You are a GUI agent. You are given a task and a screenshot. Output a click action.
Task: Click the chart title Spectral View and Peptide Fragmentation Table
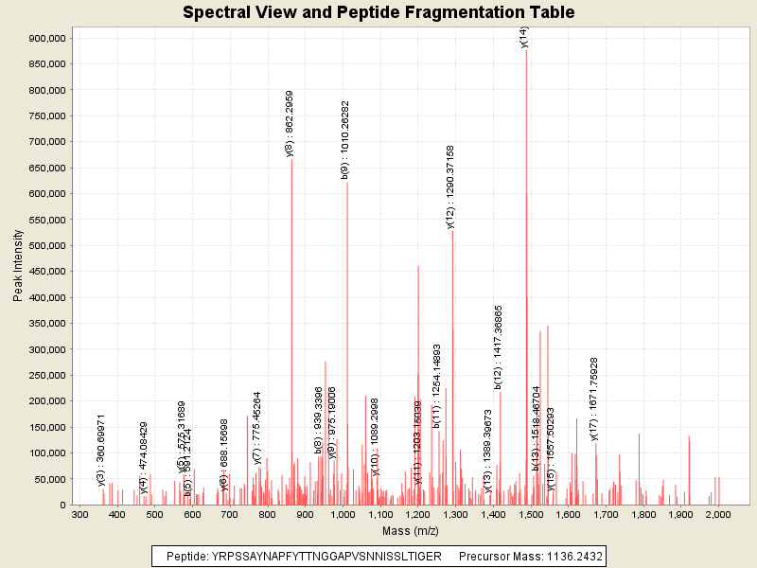click(378, 12)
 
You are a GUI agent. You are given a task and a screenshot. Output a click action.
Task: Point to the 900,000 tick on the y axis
click(46, 38)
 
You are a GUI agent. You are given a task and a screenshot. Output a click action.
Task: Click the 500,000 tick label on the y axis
click(46, 245)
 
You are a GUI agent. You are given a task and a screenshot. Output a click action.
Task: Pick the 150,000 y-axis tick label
click(46, 427)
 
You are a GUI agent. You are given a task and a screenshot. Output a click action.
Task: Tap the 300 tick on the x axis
click(80, 514)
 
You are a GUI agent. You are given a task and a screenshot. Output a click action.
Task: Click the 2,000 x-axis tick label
click(718, 514)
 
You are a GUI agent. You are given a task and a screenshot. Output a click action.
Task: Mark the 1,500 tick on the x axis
click(531, 514)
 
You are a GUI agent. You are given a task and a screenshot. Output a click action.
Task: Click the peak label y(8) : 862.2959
click(290, 123)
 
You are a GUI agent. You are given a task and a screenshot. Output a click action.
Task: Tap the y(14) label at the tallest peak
click(524, 36)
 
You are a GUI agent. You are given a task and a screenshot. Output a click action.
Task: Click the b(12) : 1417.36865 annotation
click(499, 346)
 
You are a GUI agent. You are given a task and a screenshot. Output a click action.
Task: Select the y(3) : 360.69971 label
click(101, 450)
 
